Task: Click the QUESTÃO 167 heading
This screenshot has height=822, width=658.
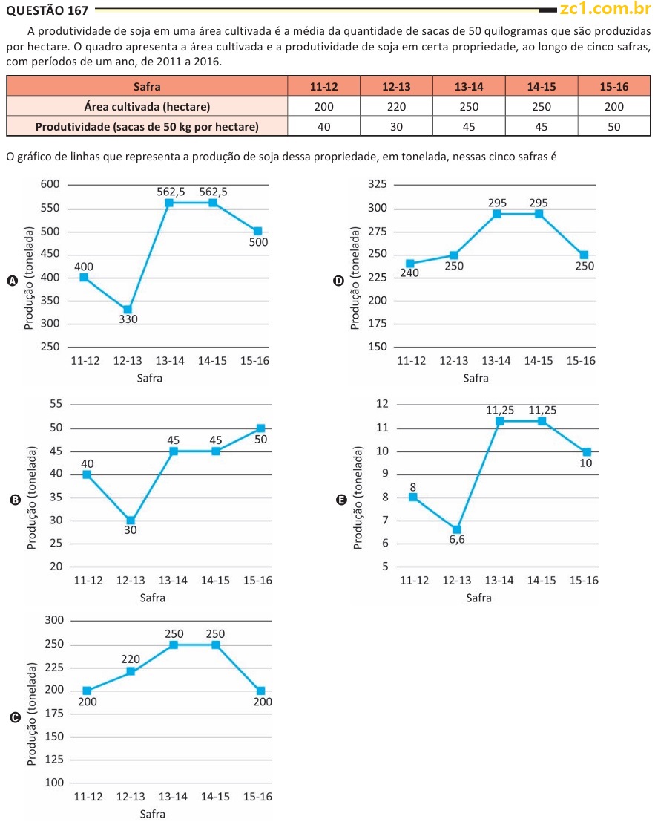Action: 47,10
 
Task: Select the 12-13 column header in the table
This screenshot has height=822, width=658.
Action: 396,87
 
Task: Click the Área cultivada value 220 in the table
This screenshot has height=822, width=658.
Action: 396,106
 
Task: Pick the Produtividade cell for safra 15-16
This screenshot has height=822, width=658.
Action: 613,126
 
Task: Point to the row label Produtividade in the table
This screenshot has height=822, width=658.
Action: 147,126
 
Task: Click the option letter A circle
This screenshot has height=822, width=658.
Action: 12,281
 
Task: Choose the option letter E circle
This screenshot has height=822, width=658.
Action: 341,500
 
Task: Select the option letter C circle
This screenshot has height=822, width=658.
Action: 14,717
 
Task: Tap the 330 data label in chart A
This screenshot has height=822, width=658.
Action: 128,319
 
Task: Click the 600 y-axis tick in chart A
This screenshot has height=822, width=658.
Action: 49,184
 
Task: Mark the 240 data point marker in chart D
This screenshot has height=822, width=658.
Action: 409,264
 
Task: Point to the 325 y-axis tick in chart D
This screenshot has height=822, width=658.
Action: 377,185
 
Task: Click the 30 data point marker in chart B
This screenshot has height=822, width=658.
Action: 131,521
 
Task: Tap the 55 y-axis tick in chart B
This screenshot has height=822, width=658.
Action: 55,404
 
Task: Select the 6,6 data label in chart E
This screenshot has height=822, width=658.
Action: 457,540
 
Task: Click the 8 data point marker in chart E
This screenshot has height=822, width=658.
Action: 413,497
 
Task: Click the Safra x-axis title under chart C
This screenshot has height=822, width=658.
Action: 152,814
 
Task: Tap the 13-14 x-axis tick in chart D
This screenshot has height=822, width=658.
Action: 496,361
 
